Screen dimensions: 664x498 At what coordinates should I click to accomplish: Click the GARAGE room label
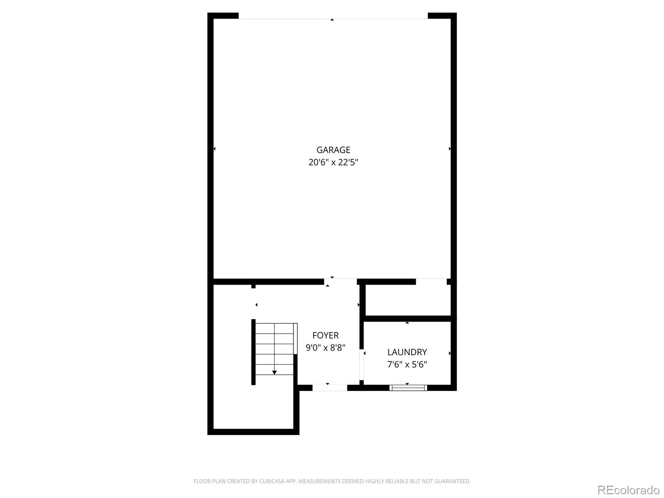333,150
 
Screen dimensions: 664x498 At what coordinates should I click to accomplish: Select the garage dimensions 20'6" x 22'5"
333,162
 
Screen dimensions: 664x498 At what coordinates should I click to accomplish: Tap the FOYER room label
325,335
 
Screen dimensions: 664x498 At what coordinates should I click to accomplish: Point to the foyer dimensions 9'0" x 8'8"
325,348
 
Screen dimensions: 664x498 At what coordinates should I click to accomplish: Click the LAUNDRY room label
407,352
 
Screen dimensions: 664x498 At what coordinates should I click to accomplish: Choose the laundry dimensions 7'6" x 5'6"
407,364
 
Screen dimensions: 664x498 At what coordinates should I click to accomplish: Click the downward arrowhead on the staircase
274,373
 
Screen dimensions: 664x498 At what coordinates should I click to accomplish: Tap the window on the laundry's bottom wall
408,388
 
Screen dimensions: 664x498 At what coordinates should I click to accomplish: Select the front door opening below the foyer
330,388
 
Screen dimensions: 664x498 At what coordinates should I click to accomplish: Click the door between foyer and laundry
361,365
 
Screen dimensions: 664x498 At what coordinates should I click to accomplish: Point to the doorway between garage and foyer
341,281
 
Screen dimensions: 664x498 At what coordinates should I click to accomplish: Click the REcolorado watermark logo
629,490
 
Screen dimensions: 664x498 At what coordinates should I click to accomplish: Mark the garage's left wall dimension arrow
215,149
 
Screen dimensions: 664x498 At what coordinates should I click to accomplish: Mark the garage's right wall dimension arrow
450,149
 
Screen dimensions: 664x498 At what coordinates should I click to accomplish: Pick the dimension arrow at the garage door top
332,20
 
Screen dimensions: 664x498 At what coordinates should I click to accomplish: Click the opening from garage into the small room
431,281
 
